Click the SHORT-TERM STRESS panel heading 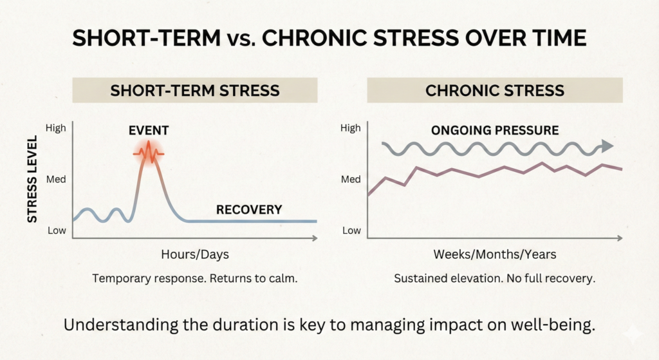pyautogui.click(x=194, y=90)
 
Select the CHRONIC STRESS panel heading pyautogui.click(x=494, y=90)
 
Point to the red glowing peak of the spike pyautogui.click(x=149, y=153)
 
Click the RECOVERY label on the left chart pyautogui.click(x=249, y=209)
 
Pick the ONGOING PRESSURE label pyautogui.click(x=494, y=131)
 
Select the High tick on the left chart pyautogui.click(x=56, y=128)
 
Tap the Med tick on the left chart pyautogui.click(x=56, y=179)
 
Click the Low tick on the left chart pyautogui.click(x=56, y=230)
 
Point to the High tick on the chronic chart pyautogui.click(x=351, y=128)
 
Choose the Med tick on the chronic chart pyautogui.click(x=351, y=179)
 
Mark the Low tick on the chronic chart pyautogui.click(x=351, y=230)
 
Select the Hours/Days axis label pyautogui.click(x=194, y=254)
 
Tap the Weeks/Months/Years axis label pyautogui.click(x=494, y=254)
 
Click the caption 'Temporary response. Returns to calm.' pyautogui.click(x=194, y=279)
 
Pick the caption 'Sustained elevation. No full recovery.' pyautogui.click(x=494, y=279)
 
